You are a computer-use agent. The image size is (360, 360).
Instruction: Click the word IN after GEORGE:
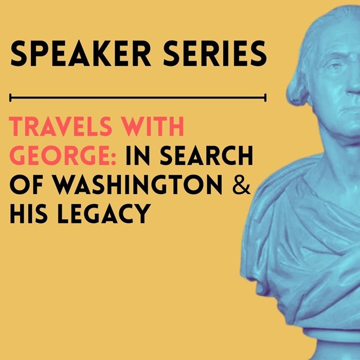click(137, 156)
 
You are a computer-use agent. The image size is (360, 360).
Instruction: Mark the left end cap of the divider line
click(11, 98)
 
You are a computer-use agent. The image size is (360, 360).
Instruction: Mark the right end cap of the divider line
click(265, 98)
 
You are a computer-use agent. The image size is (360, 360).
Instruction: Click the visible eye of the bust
click(337, 68)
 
